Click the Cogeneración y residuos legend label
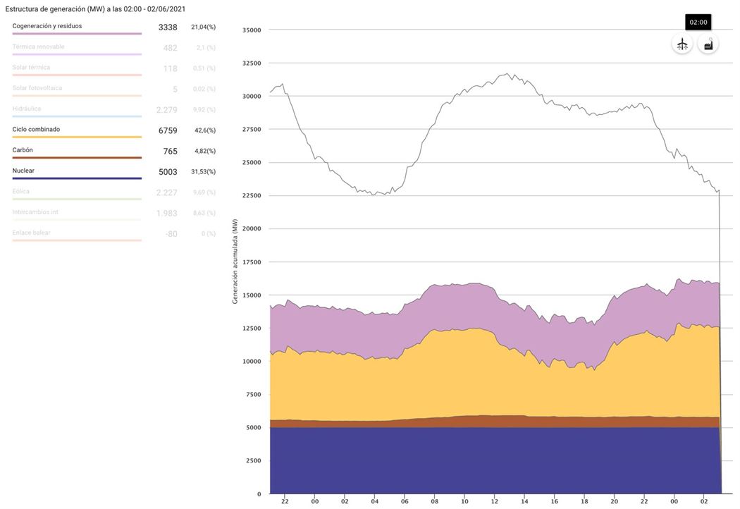pos(47,26)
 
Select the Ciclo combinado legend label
pos(36,130)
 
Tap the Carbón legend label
pos(23,150)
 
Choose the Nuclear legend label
pos(23,171)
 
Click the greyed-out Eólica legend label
pos(21,191)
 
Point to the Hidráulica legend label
pos(27,109)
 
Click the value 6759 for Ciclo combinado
pos(168,130)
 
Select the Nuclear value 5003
pos(168,172)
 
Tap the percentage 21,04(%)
pos(203,27)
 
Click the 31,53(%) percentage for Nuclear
pos(203,172)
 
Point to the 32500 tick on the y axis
pos(251,63)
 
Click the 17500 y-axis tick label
pos(251,262)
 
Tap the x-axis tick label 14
pos(524,501)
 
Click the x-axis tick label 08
pos(434,501)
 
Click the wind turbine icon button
pos(682,44)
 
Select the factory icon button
pos(708,44)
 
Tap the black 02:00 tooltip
pos(698,23)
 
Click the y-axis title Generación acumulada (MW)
pos(235,262)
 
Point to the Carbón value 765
pos(170,152)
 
